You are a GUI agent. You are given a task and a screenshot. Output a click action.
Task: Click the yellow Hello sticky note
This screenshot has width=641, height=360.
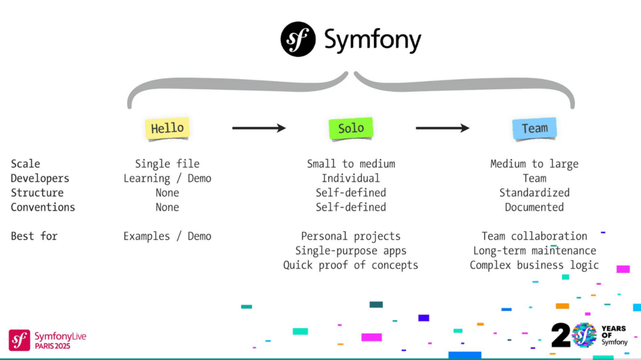(x=167, y=128)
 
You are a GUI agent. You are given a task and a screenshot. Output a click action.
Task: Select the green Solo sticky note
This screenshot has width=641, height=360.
(x=351, y=128)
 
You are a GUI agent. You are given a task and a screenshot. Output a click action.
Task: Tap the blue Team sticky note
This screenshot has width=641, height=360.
(x=534, y=128)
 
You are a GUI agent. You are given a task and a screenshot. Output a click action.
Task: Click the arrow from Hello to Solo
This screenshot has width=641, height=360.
(x=259, y=128)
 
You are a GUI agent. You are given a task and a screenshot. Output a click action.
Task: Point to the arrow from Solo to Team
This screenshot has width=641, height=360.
(x=442, y=128)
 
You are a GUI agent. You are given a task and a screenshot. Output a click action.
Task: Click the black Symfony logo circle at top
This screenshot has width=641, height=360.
(x=298, y=39)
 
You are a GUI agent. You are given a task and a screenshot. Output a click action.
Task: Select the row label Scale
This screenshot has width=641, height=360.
(x=25, y=164)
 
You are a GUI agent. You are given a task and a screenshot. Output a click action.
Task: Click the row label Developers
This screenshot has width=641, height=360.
(x=40, y=178)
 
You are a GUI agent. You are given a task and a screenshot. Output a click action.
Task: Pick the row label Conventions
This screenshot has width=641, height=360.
(x=42, y=207)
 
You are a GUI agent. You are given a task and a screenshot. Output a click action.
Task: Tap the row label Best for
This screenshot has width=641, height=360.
(x=34, y=236)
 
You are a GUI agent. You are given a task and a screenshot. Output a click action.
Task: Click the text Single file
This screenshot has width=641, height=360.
(x=167, y=164)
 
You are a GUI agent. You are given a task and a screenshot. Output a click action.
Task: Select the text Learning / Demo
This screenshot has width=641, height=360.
(x=167, y=178)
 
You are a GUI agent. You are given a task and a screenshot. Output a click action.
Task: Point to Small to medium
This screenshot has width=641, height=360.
(x=351, y=164)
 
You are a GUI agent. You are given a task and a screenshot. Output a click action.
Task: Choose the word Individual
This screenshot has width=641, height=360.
(x=351, y=178)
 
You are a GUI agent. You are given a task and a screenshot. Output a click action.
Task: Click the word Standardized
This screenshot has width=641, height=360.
(x=534, y=193)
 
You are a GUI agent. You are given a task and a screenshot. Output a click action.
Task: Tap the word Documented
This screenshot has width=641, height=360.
(x=534, y=207)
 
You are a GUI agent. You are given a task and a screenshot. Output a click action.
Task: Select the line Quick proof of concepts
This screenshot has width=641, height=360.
(x=351, y=265)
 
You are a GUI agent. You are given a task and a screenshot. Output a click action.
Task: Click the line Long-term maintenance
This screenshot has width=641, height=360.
(x=534, y=251)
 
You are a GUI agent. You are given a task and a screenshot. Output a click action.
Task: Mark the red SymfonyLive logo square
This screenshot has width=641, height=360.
(x=19, y=339)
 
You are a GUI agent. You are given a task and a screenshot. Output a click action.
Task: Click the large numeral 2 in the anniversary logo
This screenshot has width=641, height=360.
(x=561, y=336)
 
